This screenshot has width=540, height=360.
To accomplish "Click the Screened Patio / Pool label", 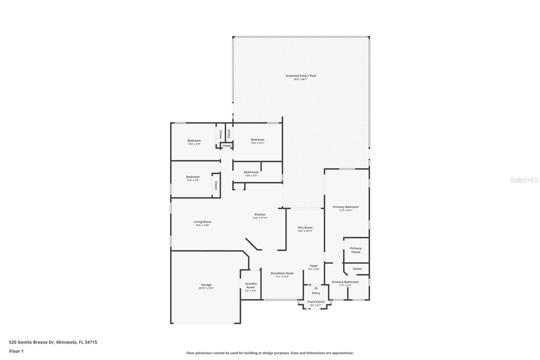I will tap(301, 76).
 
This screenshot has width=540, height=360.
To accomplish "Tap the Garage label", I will tap(206, 285).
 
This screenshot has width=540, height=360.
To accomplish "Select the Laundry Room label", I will tap(251, 285).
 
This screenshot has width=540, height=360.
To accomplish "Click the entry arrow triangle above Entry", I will tap(316, 288).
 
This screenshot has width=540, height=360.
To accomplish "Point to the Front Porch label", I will tap(316, 302).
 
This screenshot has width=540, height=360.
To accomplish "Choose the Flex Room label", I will tap(305, 228).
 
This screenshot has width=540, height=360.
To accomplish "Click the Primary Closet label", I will tap(356, 250).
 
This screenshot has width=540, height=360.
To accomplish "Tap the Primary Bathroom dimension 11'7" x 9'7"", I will tap(345, 285).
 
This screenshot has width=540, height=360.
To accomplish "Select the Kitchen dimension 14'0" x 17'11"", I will tap(260, 218).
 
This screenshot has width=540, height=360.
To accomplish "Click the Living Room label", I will tap(202, 222).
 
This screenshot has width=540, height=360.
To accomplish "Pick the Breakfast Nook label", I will tap(282, 273).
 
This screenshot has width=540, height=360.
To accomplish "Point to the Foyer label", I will tap(314, 266).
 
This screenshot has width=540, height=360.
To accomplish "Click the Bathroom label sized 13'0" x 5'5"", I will tap(251, 172).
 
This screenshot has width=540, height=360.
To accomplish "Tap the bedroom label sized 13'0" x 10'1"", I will tap(258, 139).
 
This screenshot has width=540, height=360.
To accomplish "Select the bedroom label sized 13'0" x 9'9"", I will tap(194, 140).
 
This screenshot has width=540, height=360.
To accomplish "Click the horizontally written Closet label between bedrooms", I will tap(227, 146).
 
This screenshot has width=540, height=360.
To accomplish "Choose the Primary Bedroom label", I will tap(346, 207).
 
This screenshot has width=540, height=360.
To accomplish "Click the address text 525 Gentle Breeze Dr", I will tap(32, 342).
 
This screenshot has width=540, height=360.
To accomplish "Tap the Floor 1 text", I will tap(16, 351).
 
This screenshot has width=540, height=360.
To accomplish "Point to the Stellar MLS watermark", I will tap(524, 180).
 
